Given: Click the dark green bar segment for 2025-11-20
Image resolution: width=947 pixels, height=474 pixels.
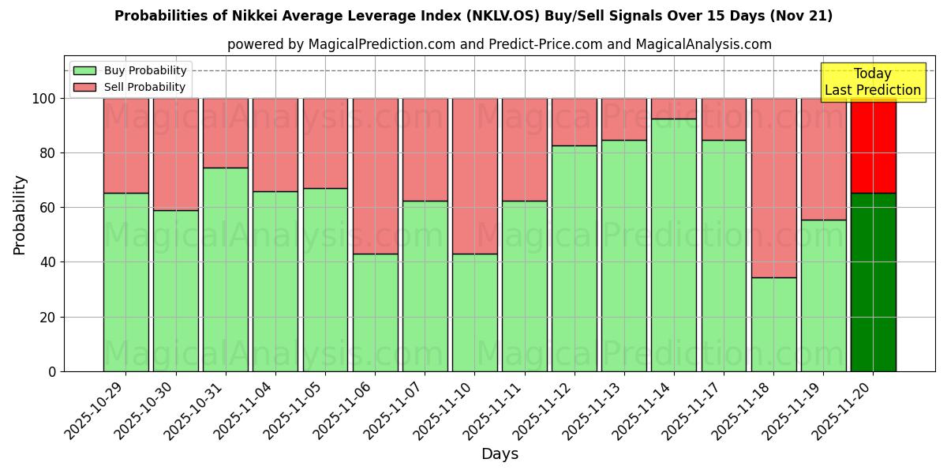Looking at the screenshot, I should (x=873, y=282).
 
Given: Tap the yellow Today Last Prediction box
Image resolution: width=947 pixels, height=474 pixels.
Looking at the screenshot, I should (x=873, y=82).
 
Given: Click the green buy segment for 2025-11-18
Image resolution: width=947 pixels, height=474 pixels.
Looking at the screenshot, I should (x=773, y=324).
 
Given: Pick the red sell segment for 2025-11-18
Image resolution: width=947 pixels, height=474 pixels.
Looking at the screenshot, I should (x=773, y=188).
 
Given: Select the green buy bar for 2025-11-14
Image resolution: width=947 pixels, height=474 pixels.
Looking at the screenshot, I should (x=674, y=245).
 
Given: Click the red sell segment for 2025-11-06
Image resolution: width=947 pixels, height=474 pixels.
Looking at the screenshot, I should (x=375, y=176).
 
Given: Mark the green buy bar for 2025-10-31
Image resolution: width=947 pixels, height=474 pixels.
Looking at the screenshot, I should (x=226, y=269).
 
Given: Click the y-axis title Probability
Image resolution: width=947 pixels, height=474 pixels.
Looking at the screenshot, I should (x=20, y=215).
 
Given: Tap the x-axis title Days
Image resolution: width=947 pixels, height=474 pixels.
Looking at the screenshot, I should (x=500, y=454).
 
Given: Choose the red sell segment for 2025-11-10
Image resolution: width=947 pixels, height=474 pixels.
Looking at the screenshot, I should (x=474, y=176).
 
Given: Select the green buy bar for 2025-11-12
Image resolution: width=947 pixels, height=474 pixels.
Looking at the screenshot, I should (x=575, y=258).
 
